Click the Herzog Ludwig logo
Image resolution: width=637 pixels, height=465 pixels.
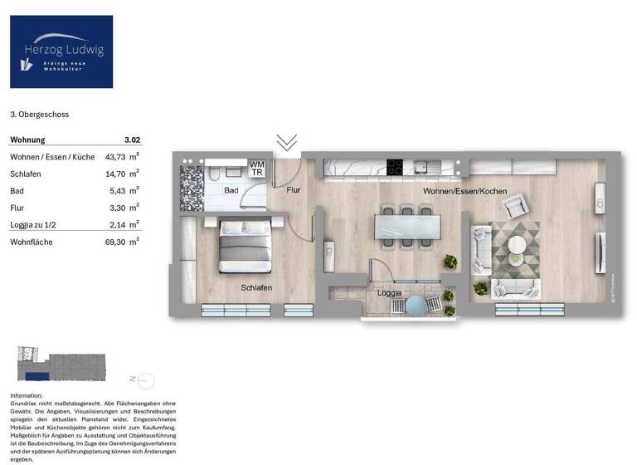coord(61,51)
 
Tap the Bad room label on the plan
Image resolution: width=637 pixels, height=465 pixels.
coord(231,191)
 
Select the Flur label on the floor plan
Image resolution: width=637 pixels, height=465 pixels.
coord(294,190)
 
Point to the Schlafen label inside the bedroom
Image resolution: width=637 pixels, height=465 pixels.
coord(256,287)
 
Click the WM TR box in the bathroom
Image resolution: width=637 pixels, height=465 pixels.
coord(257,169)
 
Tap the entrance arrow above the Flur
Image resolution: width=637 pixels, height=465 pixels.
coord(287,142)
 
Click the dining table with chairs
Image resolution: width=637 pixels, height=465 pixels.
coord(403,226)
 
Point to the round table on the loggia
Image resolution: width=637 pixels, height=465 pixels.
coord(413,306)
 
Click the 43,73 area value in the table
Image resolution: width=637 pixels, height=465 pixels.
coord(116,157)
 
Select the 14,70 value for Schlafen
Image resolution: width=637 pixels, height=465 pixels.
coord(116,174)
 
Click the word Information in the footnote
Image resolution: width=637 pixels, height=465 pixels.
coord(26,395)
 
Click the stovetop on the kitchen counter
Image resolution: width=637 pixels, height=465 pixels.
coord(395,168)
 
